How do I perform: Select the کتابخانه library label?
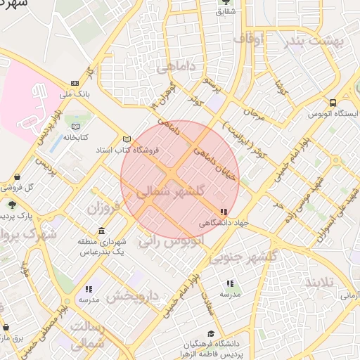coord(75,137)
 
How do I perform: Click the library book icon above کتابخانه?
coord(75,127)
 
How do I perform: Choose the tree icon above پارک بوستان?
coord(12,204)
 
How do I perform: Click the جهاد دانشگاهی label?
coord(224,222)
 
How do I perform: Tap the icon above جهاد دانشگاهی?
coord(224,212)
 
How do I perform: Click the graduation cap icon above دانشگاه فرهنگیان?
coord(211,334)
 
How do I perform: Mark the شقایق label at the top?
coord(225,11)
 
